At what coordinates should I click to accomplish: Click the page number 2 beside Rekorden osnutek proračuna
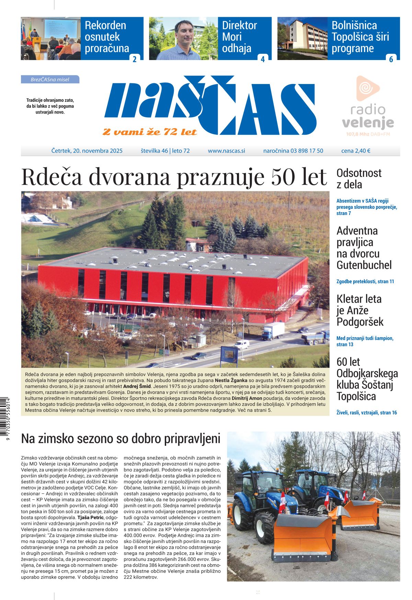[134, 59]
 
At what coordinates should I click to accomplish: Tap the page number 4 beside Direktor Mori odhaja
[263, 59]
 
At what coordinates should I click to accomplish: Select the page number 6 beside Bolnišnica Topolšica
[391, 59]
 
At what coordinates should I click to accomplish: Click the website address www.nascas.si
[226, 151]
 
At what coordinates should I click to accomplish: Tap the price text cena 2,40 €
[356, 151]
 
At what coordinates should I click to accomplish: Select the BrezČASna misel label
[50, 80]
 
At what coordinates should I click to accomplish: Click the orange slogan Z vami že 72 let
[150, 132]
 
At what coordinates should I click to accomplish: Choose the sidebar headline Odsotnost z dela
[359, 179]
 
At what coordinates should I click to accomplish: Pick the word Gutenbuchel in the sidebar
[364, 265]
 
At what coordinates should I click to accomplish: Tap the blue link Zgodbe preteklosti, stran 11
[365, 281]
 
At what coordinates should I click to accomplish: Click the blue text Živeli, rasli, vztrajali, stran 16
[366, 412]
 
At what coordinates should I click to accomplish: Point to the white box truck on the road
[273, 331]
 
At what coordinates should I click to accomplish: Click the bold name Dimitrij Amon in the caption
[247, 398]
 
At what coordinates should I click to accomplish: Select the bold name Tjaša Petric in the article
[91, 517]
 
